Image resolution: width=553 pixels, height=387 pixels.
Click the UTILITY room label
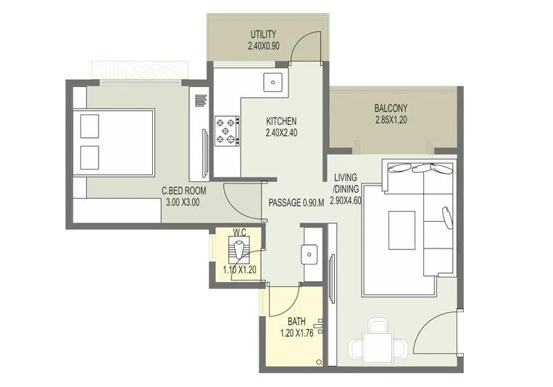tap(263, 34)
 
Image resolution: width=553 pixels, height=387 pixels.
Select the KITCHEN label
tap(281, 121)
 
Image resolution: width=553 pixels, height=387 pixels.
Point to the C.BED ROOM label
tap(184, 192)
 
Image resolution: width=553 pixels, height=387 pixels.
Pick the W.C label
tap(240, 233)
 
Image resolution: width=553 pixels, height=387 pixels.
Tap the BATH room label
tap(296, 321)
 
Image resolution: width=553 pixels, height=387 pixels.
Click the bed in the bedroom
tap(113, 142)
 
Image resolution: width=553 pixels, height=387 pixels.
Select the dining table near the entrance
tap(376, 341)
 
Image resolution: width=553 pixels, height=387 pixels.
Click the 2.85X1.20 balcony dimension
tap(391, 120)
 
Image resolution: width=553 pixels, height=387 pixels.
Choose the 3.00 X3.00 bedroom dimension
tap(180, 203)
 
